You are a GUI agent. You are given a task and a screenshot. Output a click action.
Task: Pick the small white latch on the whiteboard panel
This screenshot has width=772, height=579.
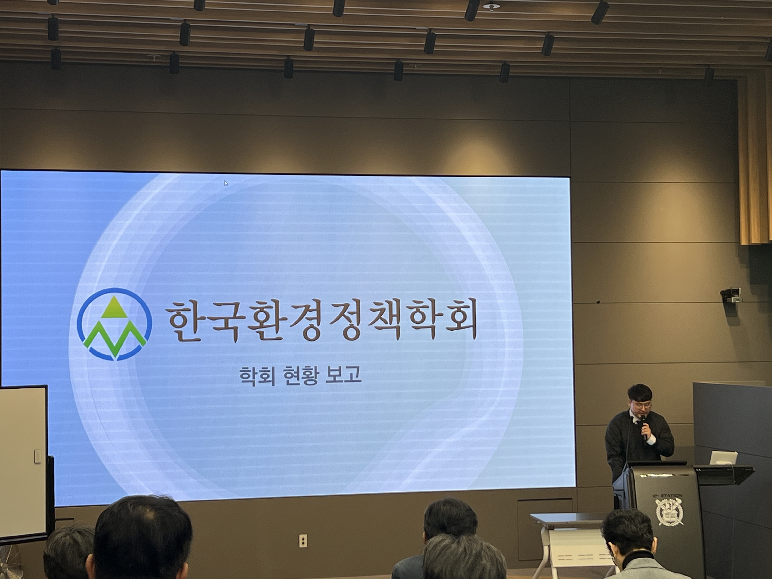click(x=37, y=456)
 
